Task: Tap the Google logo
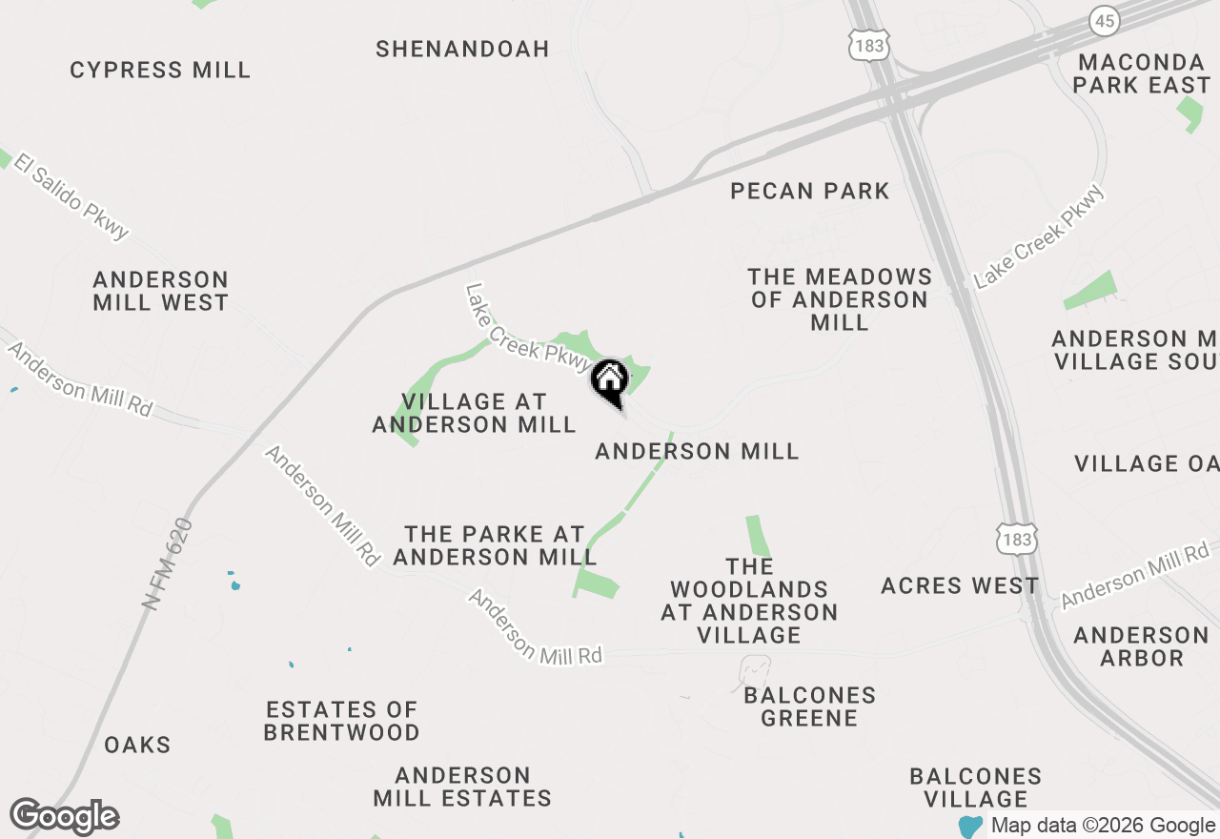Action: (x=64, y=817)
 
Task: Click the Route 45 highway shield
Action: (x=1105, y=21)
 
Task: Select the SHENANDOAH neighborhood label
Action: (x=462, y=49)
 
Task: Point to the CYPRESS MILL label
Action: (x=160, y=70)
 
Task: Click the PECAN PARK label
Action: (x=809, y=191)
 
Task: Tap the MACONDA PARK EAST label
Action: (x=1141, y=73)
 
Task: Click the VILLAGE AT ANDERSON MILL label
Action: (x=474, y=413)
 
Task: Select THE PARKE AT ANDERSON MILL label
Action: (x=495, y=545)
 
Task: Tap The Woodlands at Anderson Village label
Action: (x=749, y=601)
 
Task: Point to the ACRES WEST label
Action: (x=960, y=585)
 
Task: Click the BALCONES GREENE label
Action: (x=809, y=706)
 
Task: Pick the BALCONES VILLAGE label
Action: (x=976, y=788)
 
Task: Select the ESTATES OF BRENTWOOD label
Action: (x=342, y=721)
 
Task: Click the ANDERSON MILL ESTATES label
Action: (x=462, y=787)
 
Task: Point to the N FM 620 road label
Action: (x=168, y=563)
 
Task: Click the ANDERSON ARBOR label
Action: (x=1141, y=646)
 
